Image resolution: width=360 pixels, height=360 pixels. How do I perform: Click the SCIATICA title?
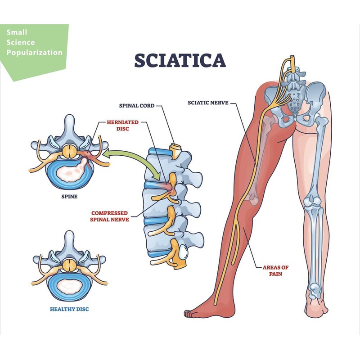[180, 60]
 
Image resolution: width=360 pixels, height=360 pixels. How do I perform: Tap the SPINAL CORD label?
[137, 106]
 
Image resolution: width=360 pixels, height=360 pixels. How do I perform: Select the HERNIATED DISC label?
[122, 126]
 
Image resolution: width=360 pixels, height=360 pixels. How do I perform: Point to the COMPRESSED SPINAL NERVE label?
[109, 216]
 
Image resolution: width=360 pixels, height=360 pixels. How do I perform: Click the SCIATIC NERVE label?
[208, 103]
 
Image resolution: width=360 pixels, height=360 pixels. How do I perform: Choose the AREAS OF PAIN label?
[276, 270]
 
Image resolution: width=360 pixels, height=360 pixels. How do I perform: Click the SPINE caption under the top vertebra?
[69, 197]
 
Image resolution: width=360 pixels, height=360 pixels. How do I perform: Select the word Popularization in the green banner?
[35, 52]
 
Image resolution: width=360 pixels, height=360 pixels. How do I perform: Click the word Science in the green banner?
[20, 42]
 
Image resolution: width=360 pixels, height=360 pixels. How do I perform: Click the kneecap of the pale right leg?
[311, 200]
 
